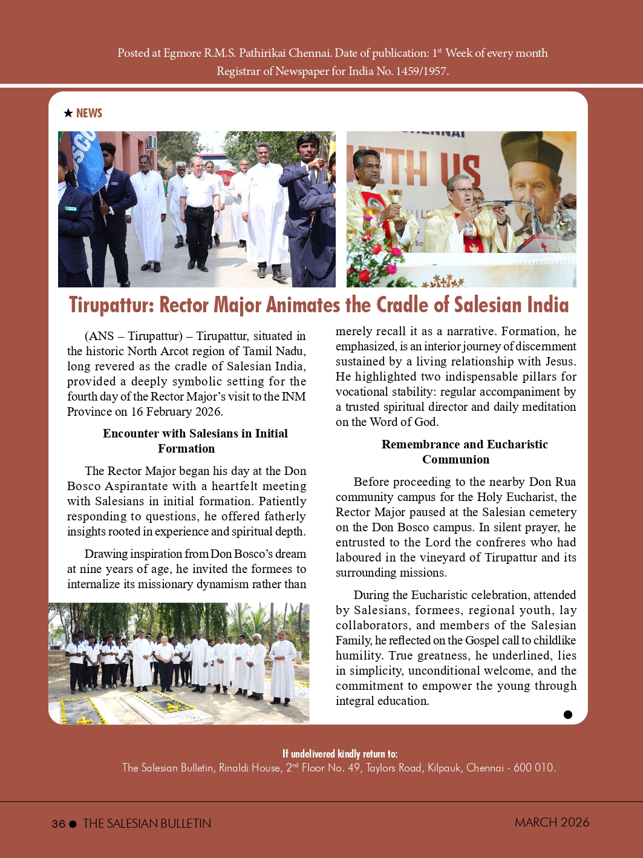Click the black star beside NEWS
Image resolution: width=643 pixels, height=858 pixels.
68,113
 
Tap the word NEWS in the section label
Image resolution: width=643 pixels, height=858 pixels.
89,113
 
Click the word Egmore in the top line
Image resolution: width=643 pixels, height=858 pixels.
182,53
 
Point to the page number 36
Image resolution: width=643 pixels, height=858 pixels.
58,824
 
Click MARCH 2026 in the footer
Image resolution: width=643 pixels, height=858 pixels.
552,822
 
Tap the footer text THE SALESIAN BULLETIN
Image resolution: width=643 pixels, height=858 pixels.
147,824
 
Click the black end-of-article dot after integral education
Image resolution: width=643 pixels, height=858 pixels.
567,715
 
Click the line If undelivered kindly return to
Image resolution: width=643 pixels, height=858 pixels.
340,753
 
